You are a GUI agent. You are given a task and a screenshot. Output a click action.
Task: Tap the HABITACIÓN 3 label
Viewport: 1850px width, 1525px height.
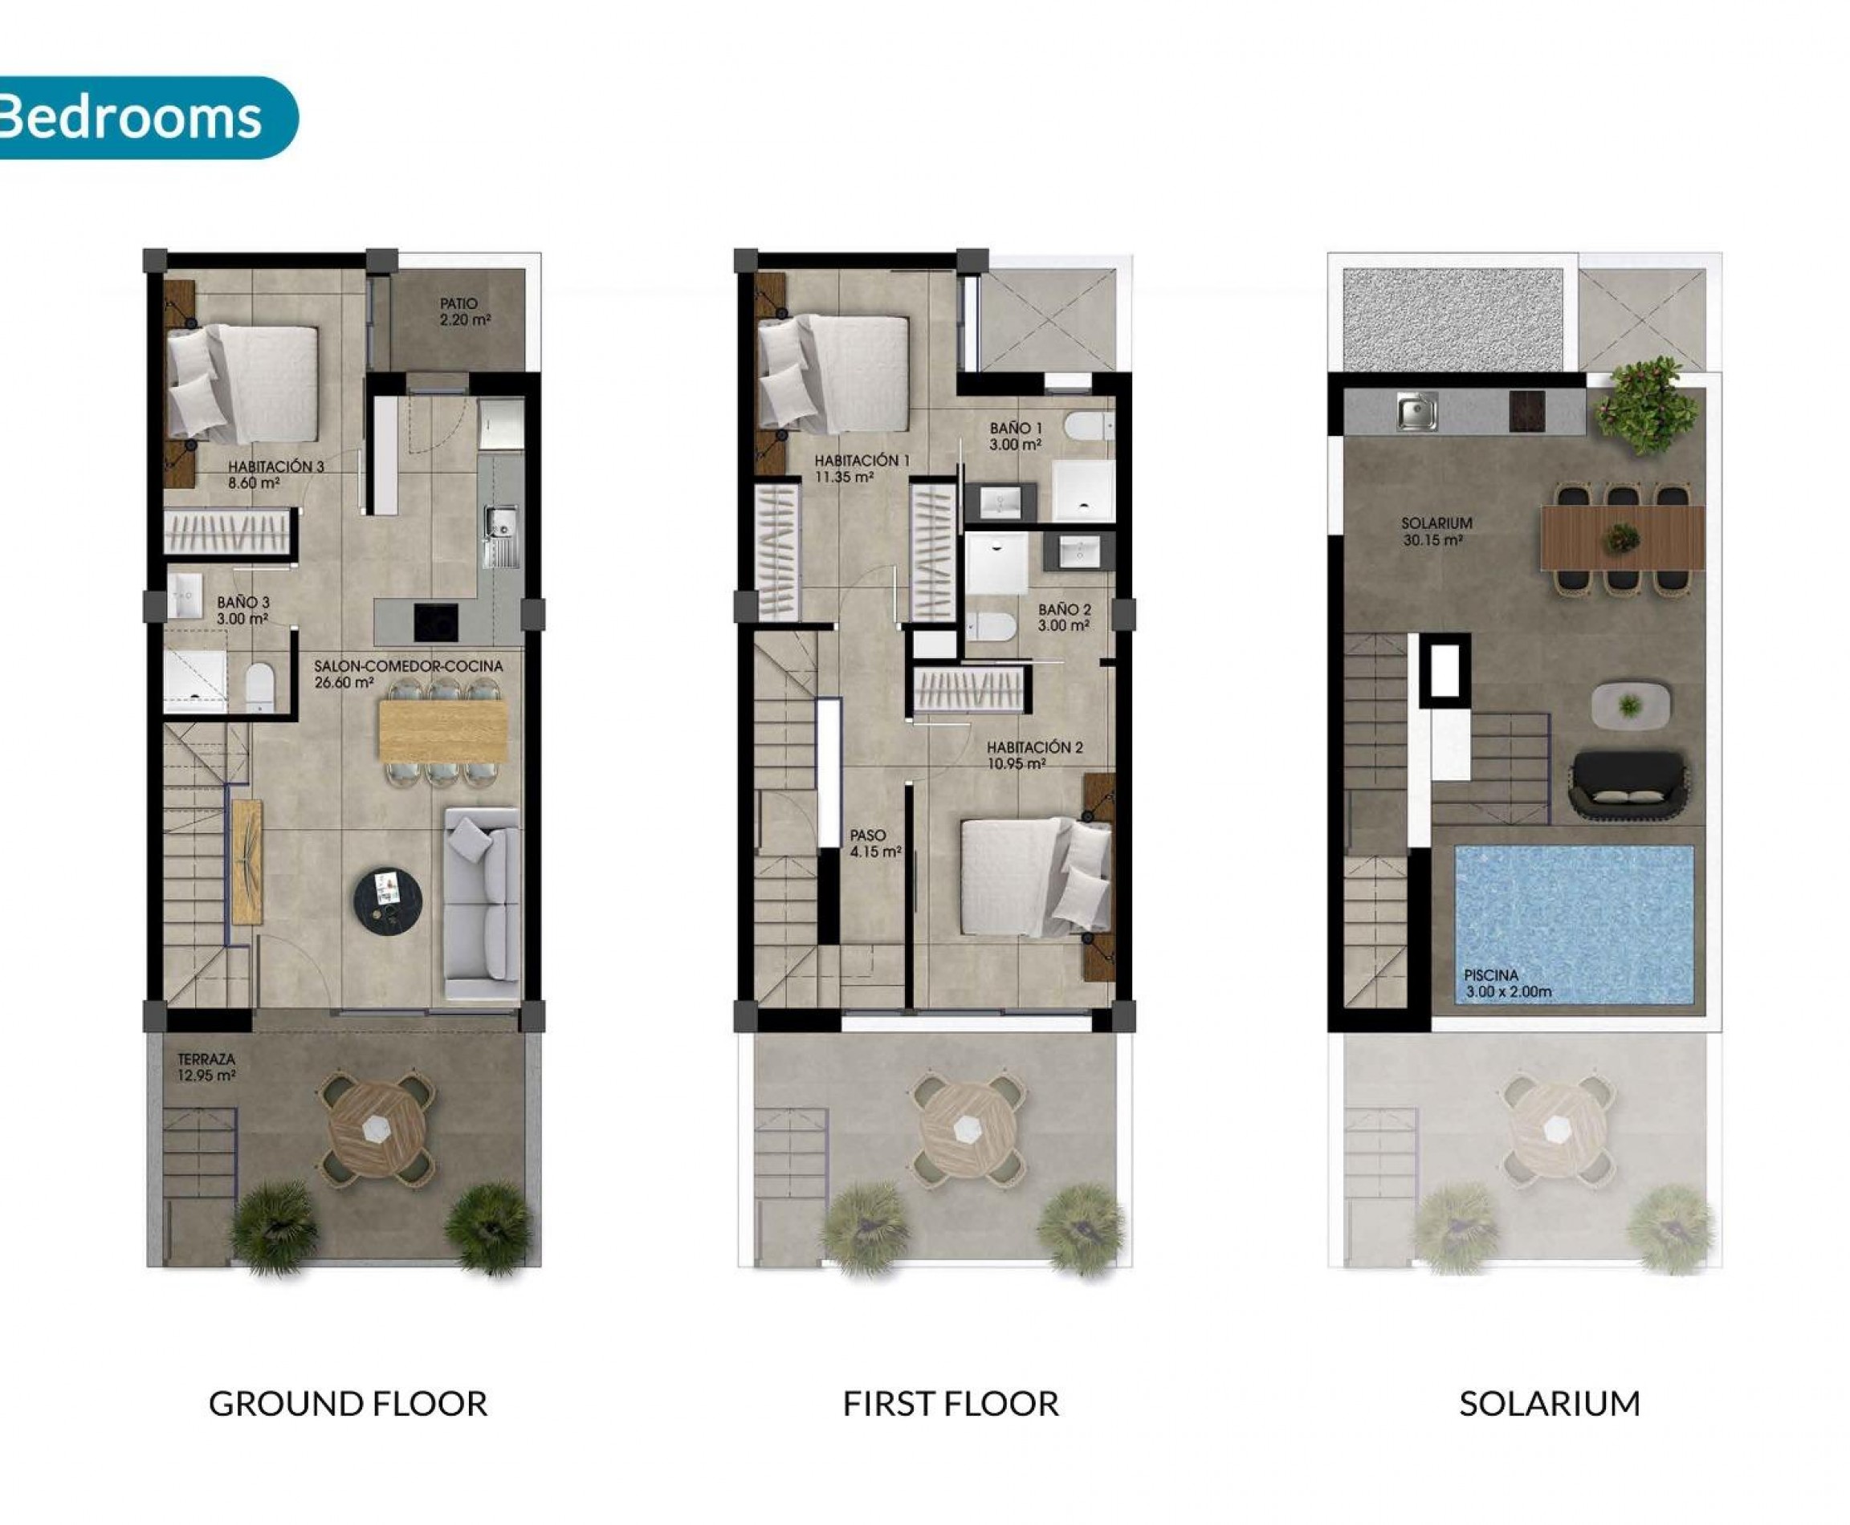pyautogui.click(x=276, y=474)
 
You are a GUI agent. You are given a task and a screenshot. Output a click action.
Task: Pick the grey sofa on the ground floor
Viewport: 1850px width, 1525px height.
pyautogui.click(x=482, y=903)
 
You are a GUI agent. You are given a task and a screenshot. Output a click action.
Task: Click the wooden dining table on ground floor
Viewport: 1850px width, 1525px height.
pyautogui.click(x=442, y=733)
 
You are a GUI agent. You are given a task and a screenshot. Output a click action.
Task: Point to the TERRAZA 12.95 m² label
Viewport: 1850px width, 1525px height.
pyautogui.click(x=206, y=1067)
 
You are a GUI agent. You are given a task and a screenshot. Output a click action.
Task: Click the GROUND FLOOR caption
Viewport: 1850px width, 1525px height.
pyautogui.click(x=348, y=1404)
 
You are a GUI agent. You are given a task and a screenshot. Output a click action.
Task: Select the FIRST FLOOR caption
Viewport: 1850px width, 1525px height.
pyautogui.click(x=950, y=1404)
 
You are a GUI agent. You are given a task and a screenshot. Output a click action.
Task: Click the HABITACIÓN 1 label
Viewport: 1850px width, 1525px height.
pyautogui.click(x=862, y=468)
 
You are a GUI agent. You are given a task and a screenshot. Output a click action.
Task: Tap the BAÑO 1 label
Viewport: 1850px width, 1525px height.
pyautogui.click(x=1016, y=436)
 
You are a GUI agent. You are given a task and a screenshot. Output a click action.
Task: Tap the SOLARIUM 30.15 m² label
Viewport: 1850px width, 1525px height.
pyautogui.click(x=1436, y=531)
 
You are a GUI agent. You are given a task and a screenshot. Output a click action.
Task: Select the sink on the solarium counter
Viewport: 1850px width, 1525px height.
pyautogui.click(x=1416, y=410)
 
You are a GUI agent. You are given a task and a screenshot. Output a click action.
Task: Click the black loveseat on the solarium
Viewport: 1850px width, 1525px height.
pyautogui.click(x=1627, y=784)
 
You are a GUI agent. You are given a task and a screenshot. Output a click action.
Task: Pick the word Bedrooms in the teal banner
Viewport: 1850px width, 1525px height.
pyautogui.click(x=132, y=117)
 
